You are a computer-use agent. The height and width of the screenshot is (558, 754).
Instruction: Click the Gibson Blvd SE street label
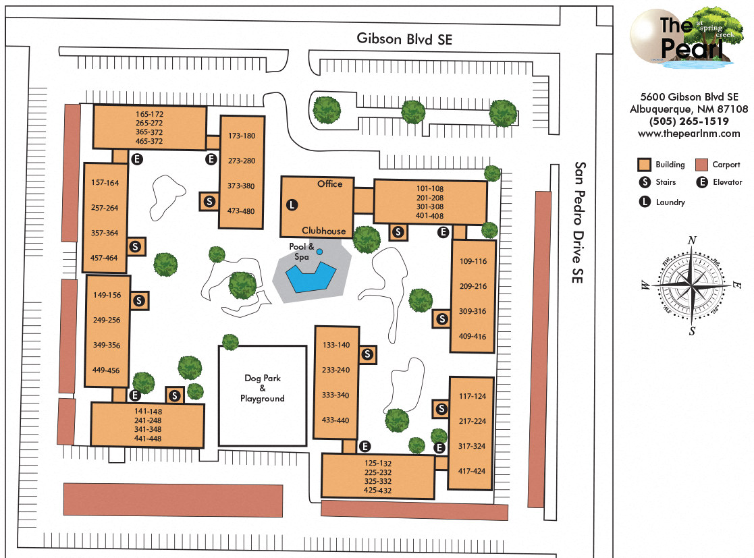404,39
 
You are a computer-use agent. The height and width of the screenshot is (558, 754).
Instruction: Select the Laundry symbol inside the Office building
292,204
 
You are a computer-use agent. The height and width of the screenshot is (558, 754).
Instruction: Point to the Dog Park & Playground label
263,388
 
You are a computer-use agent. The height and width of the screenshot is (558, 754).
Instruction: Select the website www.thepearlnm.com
689,134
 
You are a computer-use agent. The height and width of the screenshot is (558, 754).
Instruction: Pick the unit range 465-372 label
149,141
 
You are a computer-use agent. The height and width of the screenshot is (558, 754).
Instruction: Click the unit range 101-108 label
429,188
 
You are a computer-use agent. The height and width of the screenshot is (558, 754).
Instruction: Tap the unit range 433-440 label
335,420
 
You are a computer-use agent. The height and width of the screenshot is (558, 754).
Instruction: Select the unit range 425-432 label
377,491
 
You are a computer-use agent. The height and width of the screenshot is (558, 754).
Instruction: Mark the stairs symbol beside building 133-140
368,354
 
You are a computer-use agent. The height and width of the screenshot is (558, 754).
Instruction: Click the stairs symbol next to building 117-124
441,408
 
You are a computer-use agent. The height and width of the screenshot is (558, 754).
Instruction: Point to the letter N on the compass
691,241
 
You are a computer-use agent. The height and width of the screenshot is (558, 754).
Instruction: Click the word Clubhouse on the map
323,231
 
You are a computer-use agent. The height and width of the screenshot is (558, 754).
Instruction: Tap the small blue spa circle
320,252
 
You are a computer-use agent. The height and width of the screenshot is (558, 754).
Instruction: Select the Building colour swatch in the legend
645,165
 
